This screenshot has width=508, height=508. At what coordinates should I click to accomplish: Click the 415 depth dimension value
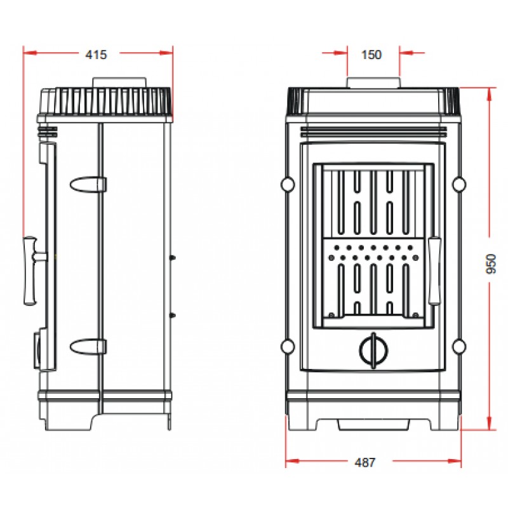tap(97, 55)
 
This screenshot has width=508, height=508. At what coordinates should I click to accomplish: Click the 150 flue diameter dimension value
tap(371, 55)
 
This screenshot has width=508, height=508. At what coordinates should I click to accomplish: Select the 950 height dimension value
tap(491, 264)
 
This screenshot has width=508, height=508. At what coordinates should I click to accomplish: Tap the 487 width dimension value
tap(364, 462)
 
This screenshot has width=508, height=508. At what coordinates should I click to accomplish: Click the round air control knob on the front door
tap(374, 351)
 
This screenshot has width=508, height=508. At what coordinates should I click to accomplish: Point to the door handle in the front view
tap(434, 271)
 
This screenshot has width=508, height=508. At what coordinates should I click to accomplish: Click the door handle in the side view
tap(32, 271)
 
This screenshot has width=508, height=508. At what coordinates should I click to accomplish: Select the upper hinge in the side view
tap(88, 184)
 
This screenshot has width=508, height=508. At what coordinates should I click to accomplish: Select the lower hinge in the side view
tap(88, 347)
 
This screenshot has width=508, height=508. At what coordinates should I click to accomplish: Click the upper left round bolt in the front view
tap(288, 184)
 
